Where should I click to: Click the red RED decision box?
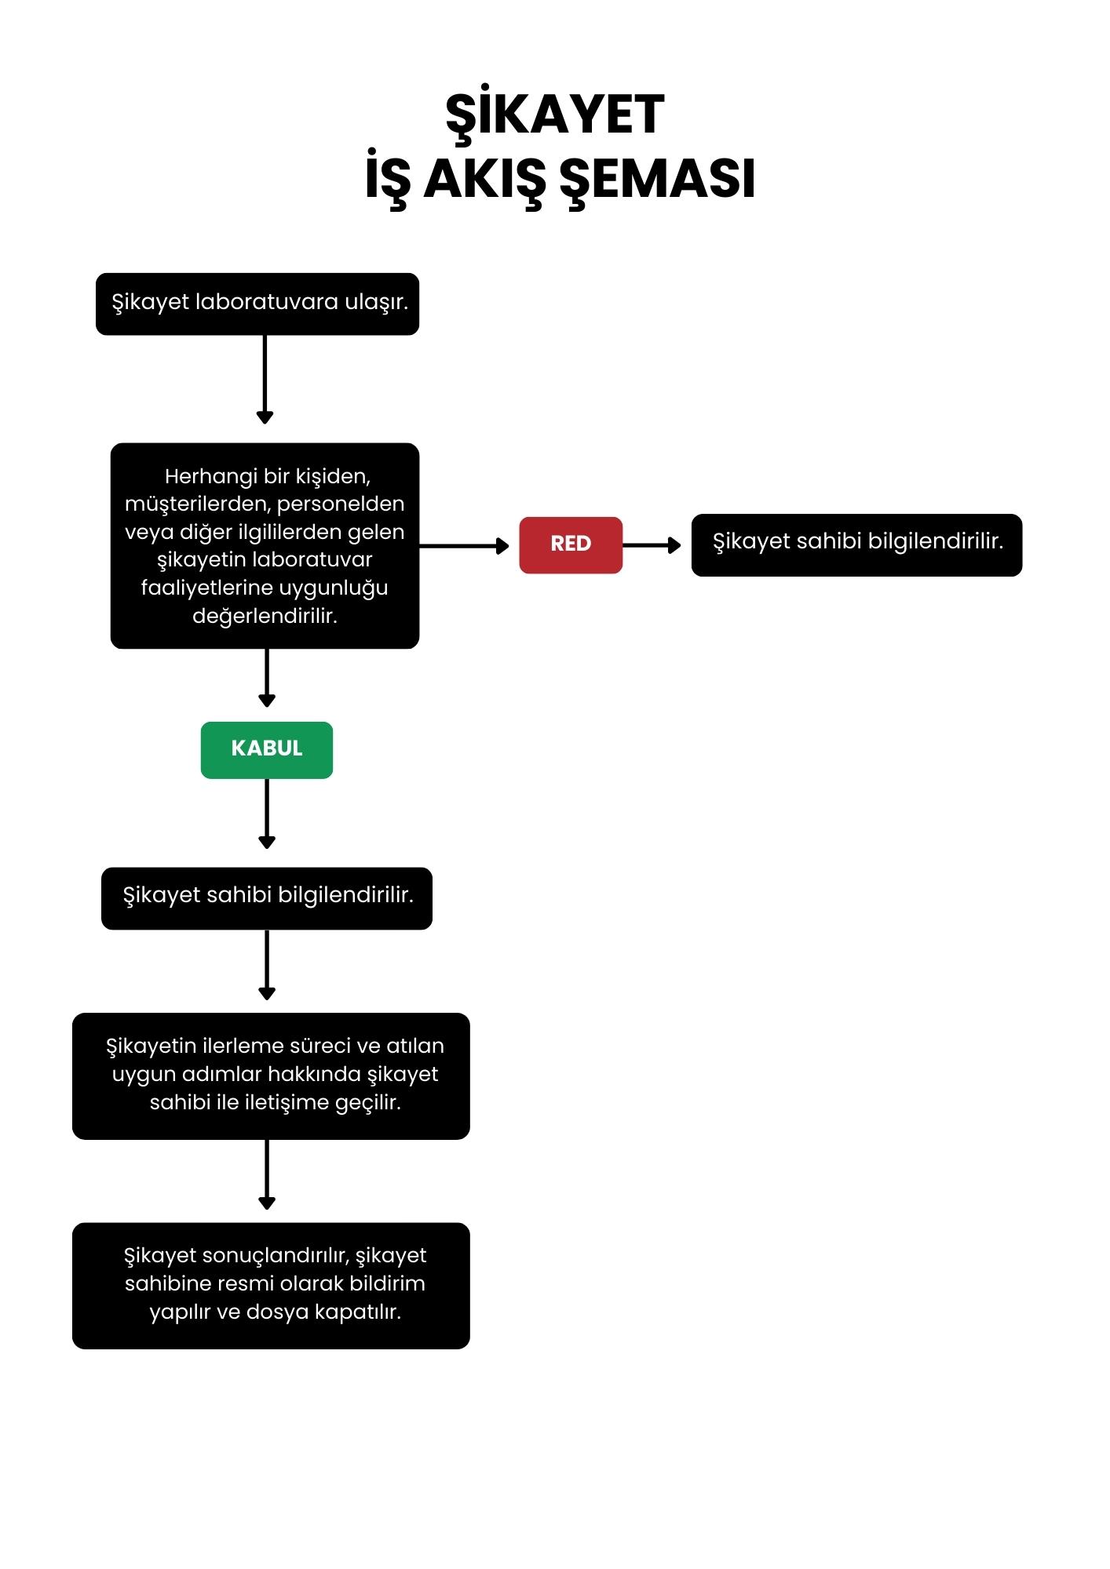(571, 545)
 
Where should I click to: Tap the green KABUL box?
(267, 750)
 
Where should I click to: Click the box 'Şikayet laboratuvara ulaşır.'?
(257, 304)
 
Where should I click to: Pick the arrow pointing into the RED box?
(464, 545)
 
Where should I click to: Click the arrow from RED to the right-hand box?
(652, 545)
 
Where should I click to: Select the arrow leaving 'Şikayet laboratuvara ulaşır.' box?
(265, 380)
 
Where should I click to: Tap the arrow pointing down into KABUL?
(267, 678)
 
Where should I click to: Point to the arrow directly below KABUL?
(267, 814)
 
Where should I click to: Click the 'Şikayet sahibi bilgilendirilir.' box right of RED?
(856, 545)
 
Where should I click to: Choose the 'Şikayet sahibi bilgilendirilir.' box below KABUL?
(267, 898)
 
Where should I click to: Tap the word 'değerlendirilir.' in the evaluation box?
(265, 616)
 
